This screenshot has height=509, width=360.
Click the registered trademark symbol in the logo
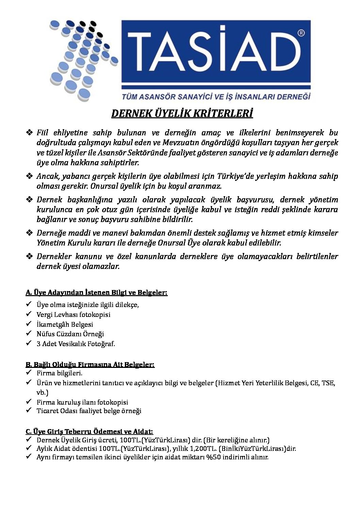301,33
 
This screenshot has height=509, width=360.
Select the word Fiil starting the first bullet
43,133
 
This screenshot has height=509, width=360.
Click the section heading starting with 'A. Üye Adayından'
96,292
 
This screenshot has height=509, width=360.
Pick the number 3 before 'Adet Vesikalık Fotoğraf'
38,344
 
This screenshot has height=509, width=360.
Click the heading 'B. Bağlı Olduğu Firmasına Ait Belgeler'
90,364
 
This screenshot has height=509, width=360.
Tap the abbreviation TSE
328,383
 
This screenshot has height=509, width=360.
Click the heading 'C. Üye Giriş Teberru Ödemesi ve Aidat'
89,431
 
